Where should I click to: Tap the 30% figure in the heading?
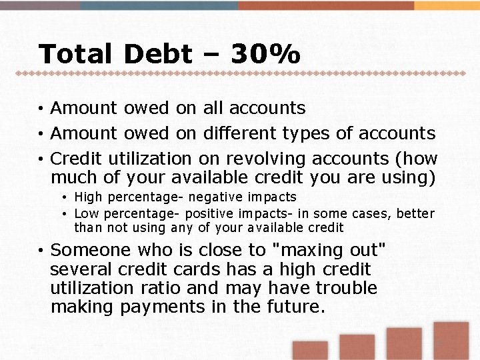(265, 54)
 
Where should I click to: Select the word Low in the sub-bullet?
(85, 214)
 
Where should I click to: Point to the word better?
(415, 214)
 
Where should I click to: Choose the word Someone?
(91, 251)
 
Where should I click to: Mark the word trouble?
(346, 289)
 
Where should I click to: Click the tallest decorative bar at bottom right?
(451, 341)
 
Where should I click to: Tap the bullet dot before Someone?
(41, 251)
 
